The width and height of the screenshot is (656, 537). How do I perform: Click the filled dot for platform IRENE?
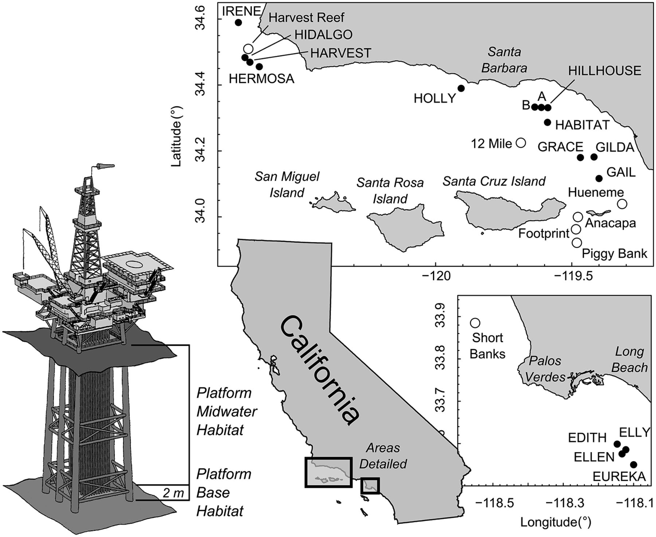238,22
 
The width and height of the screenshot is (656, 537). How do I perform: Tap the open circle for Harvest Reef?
248,48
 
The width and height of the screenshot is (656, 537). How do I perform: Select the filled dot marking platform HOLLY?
461,88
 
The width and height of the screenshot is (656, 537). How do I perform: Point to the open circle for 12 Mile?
522,143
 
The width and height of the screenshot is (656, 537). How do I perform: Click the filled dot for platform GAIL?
599,178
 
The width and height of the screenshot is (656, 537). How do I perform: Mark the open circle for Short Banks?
475,323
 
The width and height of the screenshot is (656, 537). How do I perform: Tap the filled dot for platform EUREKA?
634,464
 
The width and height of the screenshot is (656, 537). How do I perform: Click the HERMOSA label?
261,78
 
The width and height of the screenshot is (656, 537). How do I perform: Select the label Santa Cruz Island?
494,181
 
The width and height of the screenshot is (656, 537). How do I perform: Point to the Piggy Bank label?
614,253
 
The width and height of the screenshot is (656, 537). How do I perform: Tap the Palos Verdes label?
545,369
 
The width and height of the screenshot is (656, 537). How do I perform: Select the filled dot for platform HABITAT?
547,122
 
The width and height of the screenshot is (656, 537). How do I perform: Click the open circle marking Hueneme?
622,204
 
